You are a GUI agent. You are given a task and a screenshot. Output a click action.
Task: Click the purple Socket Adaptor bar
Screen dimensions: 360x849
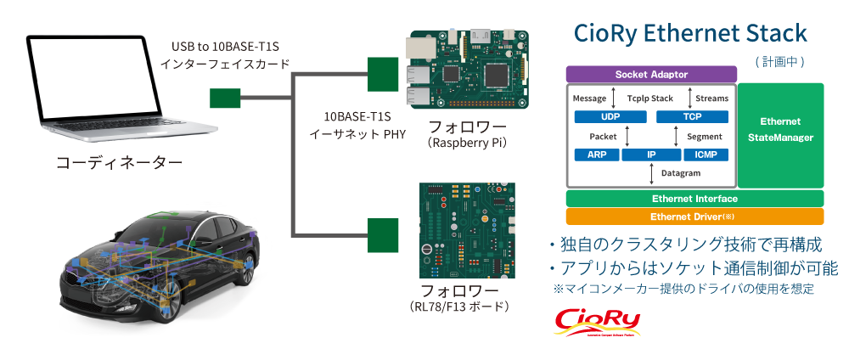coord(651,75)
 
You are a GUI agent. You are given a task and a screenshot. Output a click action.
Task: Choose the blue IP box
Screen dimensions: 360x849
coord(651,155)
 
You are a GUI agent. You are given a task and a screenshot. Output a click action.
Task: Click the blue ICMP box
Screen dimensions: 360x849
coord(706,155)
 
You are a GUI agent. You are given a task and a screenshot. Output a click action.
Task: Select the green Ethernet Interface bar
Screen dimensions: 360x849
coord(694,198)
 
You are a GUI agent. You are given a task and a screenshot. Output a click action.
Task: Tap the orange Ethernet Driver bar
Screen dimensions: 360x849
coord(694,216)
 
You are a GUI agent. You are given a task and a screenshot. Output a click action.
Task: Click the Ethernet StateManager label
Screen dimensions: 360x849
coord(780,129)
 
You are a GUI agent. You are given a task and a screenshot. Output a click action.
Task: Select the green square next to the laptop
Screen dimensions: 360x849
coord(225,98)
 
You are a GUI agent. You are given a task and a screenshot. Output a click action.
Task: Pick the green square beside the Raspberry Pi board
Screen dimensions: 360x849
coord(383,74)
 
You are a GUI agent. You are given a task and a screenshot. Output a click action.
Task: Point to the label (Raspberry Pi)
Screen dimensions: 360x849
coord(467,143)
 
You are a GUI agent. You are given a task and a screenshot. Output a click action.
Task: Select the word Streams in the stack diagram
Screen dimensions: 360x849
coord(711,98)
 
